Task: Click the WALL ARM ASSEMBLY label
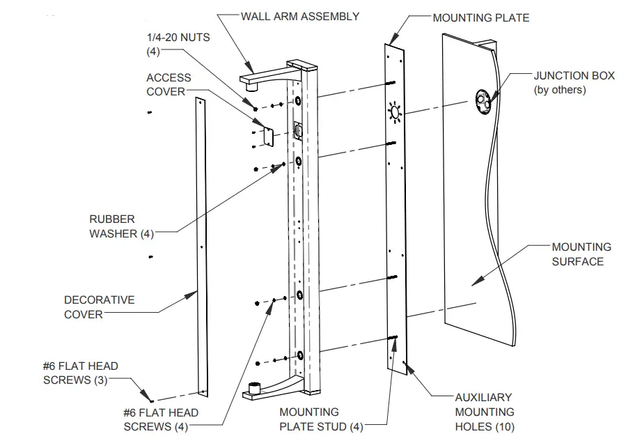[x=299, y=16]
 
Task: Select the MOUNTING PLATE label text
[x=480, y=17]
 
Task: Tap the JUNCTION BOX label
[x=569, y=82]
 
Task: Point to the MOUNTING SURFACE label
[x=581, y=254]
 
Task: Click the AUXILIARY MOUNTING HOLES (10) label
[x=484, y=412]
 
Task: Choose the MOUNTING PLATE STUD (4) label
[x=321, y=419]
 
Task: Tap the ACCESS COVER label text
[x=168, y=85]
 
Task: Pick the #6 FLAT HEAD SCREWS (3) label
[x=80, y=373]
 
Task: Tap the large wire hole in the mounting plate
[x=395, y=111]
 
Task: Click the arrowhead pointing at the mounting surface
[x=474, y=282]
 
